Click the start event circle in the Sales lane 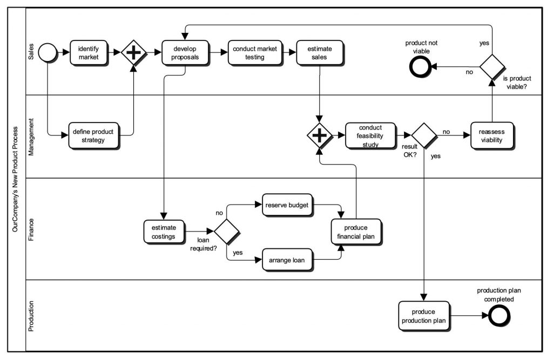coord(48,52)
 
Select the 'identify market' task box coord(89,52)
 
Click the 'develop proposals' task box coord(185,52)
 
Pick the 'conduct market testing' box coord(254,52)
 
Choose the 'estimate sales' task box coord(319,52)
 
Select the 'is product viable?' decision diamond coord(492,67)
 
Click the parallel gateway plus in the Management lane coord(320,136)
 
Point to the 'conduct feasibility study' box coord(370,136)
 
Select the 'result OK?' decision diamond coord(424,136)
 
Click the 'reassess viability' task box coord(491,136)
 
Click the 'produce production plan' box coord(424,315)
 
